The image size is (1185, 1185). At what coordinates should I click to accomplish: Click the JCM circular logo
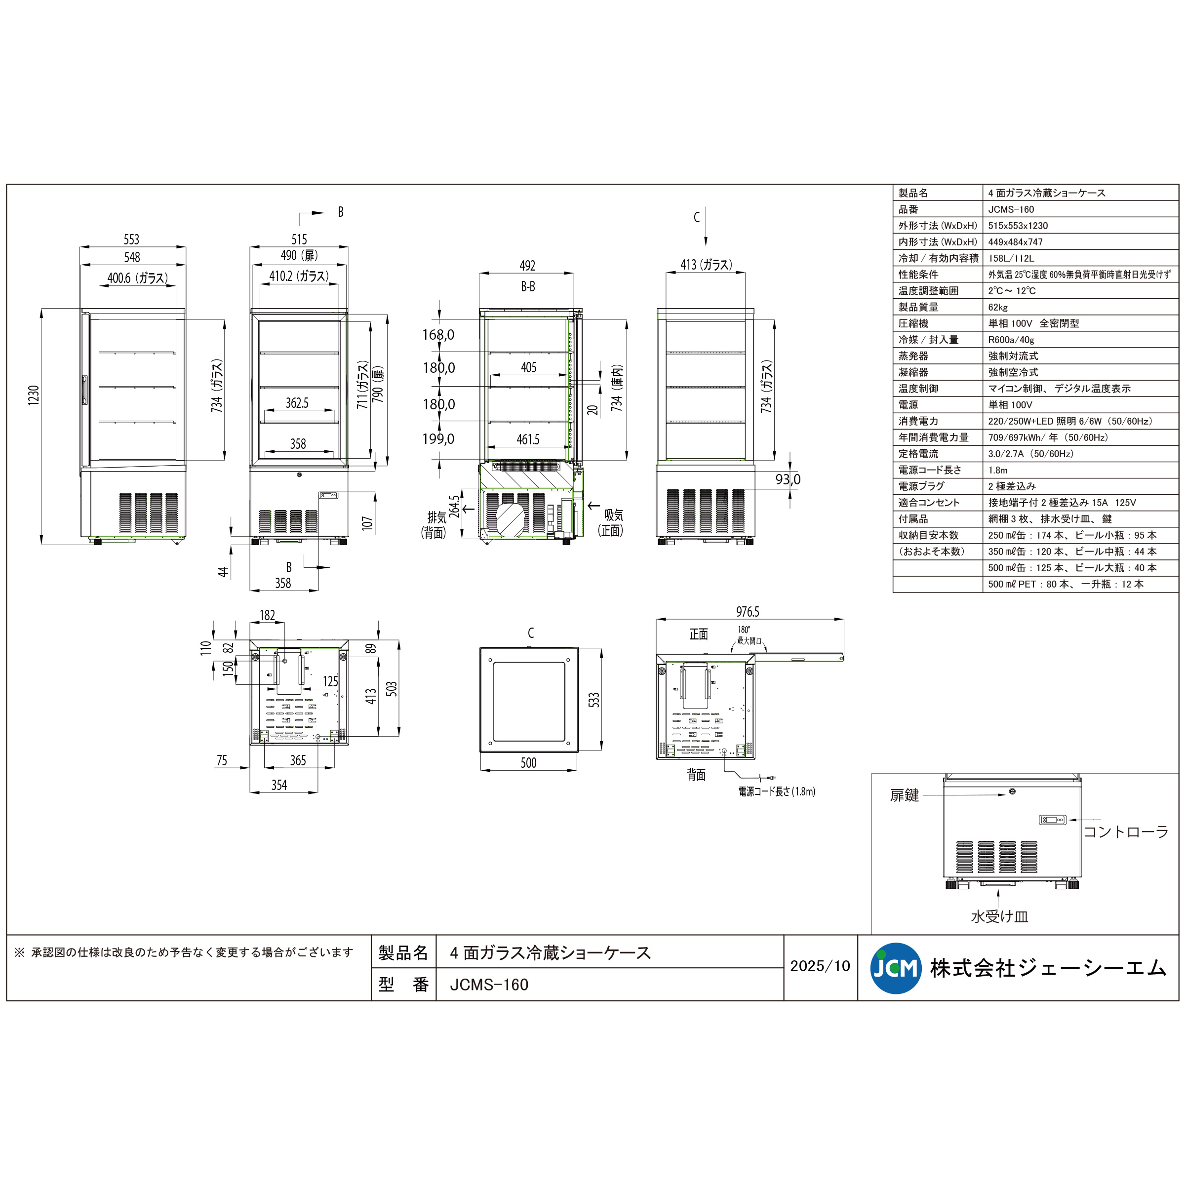896,968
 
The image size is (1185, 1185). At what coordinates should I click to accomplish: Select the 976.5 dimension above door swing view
747,612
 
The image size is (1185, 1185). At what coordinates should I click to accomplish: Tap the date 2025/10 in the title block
820,966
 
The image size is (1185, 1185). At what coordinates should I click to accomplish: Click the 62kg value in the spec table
998,307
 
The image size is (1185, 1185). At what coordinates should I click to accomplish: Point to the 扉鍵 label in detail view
904,795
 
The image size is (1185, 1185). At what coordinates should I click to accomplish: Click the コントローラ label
1126,831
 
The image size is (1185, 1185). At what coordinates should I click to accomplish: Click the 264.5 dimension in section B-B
454,507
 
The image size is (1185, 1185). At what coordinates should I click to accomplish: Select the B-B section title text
527,286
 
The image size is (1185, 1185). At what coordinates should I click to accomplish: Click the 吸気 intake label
613,515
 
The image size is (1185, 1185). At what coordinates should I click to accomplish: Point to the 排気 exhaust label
436,517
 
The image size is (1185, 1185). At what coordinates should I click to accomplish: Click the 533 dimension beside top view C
593,700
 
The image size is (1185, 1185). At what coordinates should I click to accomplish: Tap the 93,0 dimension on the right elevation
787,479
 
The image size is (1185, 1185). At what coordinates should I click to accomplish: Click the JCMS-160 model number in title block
489,985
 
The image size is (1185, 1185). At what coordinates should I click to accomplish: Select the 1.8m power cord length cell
998,471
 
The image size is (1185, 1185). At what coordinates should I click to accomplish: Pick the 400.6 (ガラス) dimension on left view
137,278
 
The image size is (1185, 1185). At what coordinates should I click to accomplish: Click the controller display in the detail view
1052,820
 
